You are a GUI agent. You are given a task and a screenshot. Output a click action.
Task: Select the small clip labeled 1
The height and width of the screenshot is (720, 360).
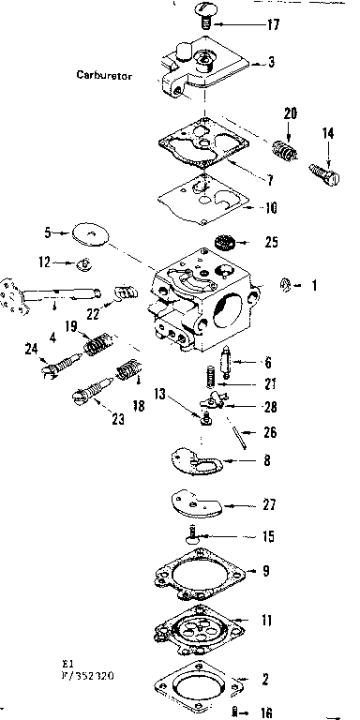tap(289, 284)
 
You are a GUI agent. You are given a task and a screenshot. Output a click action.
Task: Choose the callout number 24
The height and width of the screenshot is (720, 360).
tap(29, 350)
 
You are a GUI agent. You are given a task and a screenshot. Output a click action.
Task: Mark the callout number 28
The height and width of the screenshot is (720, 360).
tap(270, 406)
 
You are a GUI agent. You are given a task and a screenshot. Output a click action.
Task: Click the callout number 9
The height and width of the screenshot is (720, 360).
tap(267, 569)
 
